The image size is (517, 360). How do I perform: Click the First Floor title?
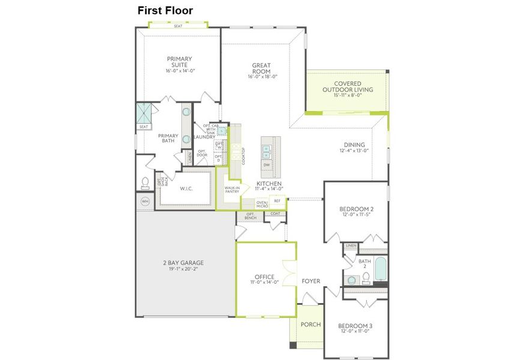tap(165, 10)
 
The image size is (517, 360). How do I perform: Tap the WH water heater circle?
tap(145, 201)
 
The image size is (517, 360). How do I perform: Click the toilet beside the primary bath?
tap(145, 182)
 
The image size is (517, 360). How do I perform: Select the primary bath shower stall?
tap(144, 112)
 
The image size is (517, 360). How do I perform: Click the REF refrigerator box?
tap(277, 201)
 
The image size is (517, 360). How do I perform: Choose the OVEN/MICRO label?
tap(262, 205)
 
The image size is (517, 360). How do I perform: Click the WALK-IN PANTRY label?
tap(232, 190)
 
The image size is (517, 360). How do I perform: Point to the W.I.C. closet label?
tap(187, 188)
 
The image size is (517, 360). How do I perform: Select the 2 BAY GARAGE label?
tap(183, 263)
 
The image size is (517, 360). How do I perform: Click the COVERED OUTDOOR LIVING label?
tap(347, 86)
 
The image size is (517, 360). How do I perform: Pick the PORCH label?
tap(310, 325)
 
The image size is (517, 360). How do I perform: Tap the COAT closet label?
tap(275, 213)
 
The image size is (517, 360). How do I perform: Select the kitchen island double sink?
tap(267, 146)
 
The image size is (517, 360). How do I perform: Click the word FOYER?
tap(311, 281)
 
